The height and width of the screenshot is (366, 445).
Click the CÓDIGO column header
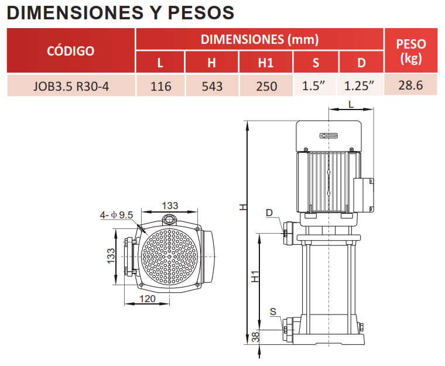point(71,51)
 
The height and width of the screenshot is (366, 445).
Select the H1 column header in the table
point(266,63)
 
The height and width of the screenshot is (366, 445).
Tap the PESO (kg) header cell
point(410,51)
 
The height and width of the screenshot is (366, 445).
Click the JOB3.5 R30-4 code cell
point(71,86)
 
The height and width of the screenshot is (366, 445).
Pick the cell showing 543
point(212,86)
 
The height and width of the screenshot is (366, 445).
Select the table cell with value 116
point(160,86)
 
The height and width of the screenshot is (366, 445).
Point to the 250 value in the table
point(266,86)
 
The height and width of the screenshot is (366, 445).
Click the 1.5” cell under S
point(313,85)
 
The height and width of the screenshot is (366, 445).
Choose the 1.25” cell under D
point(360,85)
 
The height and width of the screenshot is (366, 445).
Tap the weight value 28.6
point(410,85)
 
